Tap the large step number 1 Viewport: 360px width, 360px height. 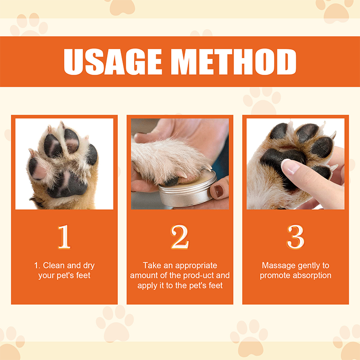click(64, 237)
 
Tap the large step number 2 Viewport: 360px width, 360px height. click(180, 237)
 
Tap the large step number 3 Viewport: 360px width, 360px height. click(295, 237)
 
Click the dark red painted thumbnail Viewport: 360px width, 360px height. click(219, 191)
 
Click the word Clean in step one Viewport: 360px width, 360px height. click(53, 265)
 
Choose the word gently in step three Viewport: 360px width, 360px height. click(307, 265)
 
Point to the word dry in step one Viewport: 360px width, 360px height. click(88, 265)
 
